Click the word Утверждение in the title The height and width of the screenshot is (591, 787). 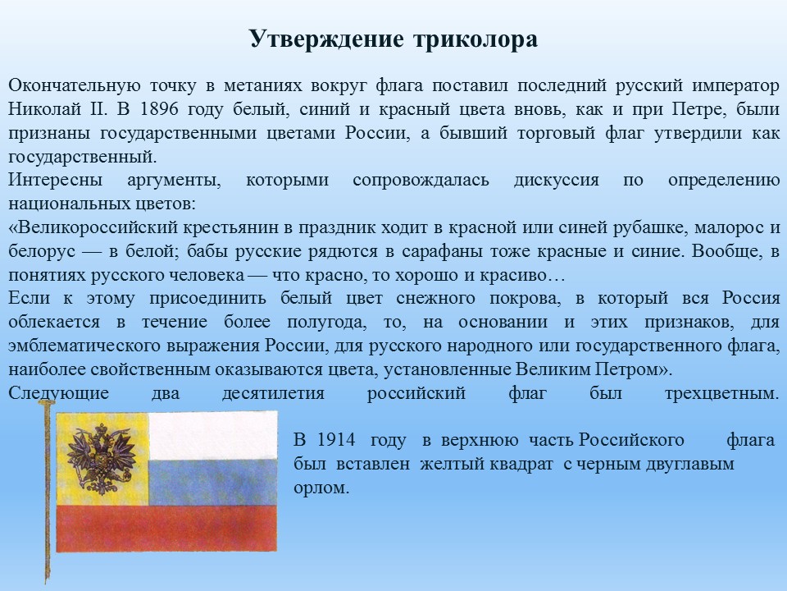click(326, 39)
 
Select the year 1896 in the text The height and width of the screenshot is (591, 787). click(158, 109)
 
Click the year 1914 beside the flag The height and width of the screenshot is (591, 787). click(336, 440)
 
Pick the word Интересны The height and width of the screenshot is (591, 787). click(55, 180)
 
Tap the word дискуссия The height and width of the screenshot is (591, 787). click(556, 181)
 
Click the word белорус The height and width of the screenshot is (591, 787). click(42, 251)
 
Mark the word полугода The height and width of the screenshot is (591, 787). click(327, 322)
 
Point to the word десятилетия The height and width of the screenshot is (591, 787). click(274, 393)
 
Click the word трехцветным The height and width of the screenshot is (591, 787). click(722, 393)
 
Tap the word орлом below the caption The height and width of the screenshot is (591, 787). click(321, 488)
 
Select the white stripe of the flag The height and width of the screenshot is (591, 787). click(213, 436)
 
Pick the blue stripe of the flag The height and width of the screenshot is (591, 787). click(213, 483)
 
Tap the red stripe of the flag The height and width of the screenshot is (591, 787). click(166, 528)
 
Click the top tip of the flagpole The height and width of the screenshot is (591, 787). click(47, 401)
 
